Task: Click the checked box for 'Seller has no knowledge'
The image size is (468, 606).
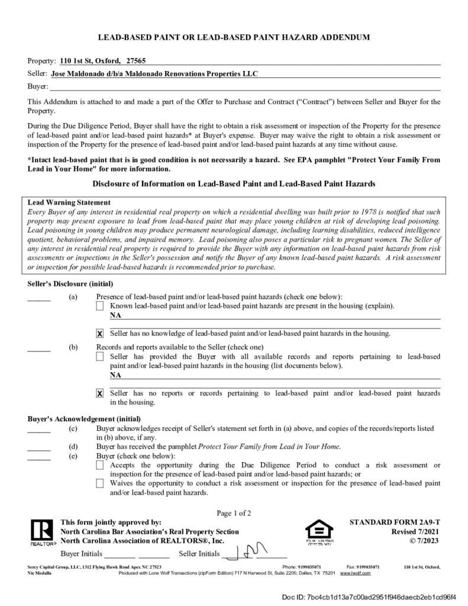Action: [100, 334]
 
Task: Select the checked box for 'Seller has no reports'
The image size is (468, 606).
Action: [100, 393]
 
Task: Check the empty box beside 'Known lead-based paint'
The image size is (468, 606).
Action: [100, 306]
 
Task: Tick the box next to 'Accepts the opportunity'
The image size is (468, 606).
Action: [100, 466]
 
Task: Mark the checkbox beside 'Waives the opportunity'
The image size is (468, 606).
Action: [100, 483]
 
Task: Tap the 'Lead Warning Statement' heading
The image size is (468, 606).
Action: [69, 202]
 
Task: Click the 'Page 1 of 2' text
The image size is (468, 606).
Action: [234, 513]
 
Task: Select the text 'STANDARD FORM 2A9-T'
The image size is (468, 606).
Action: [395, 523]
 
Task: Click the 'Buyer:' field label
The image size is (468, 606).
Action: [37, 87]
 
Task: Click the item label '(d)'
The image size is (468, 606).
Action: [73, 447]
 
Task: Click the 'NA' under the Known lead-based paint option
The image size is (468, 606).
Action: [115, 315]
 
